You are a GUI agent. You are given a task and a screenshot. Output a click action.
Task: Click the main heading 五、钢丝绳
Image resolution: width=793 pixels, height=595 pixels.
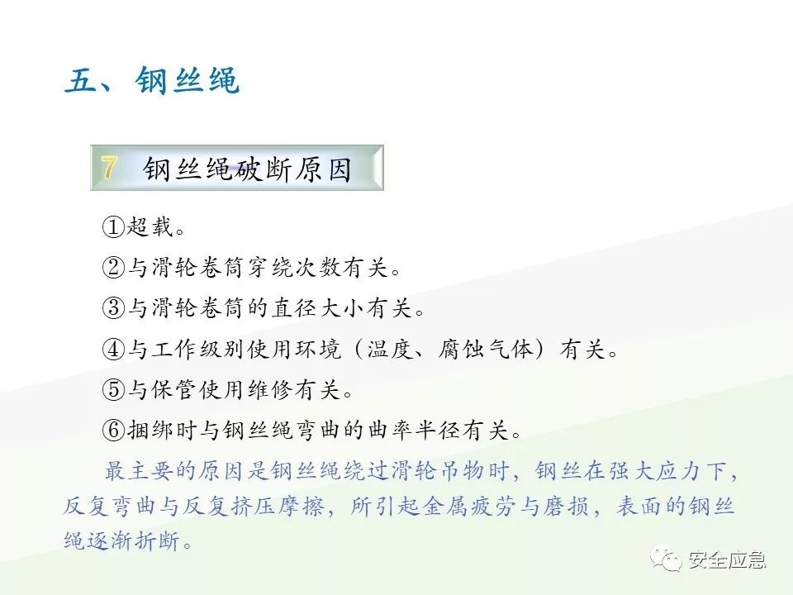point(152,83)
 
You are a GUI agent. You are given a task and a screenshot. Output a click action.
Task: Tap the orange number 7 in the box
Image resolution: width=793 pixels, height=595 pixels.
point(109,168)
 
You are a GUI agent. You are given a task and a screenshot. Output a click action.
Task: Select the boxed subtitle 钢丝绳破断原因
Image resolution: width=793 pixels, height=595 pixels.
point(247,169)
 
